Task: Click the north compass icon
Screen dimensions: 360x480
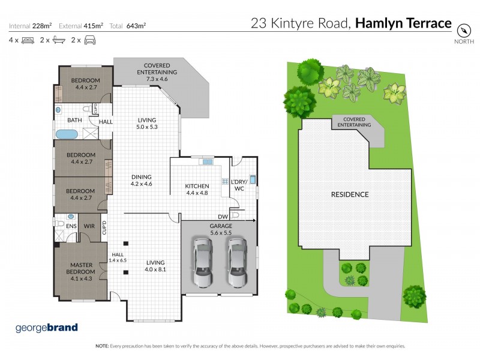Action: [x=463, y=30]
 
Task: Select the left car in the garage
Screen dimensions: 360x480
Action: [x=203, y=262]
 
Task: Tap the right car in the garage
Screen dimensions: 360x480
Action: [x=237, y=262]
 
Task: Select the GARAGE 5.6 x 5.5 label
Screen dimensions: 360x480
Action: [x=221, y=229]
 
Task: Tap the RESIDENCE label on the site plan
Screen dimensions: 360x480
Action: [x=350, y=194]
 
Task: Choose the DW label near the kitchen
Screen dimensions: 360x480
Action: [x=223, y=217]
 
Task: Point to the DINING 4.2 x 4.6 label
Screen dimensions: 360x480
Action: [x=142, y=180]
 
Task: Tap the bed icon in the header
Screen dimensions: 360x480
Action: [x=28, y=40]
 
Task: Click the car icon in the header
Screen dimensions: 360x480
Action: [x=90, y=40]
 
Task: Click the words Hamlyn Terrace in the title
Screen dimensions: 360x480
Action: [x=403, y=23]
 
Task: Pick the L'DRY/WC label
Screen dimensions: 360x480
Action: [x=239, y=185]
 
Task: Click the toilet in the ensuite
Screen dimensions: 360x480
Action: [x=58, y=223]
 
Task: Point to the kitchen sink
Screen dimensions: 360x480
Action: [x=208, y=161]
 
